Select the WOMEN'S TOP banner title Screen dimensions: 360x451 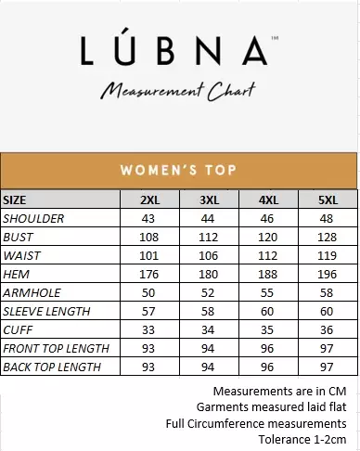[x=179, y=170]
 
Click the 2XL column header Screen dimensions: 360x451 [x=149, y=200]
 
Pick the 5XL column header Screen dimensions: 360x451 [x=327, y=200]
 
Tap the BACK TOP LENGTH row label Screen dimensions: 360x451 [x=52, y=367]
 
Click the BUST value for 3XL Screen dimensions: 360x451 [x=210, y=238]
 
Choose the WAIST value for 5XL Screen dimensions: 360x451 [x=327, y=256]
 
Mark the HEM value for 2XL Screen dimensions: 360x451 [x=149, y=275]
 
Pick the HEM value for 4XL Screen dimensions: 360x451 [x=268, y=275]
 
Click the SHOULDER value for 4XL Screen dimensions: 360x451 [x=268, y=219]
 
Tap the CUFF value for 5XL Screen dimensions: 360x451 [x=327, y=330]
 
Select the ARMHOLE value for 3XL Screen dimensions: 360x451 [x=210, y=293]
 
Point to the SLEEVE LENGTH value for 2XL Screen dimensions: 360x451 [x=149, y=312]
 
